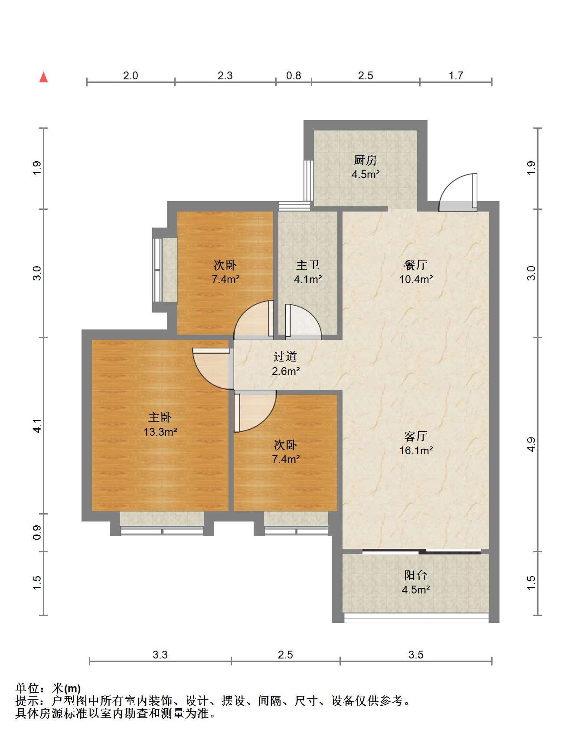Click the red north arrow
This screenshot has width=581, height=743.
coord(43,77)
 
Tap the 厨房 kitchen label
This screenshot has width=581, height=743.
coord(366,160)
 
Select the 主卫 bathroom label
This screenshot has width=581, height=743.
coord(308,265)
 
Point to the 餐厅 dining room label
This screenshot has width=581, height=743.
coord(416,265)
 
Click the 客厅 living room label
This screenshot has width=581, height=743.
coord(416,436)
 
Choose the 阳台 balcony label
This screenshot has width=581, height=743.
coord(416,575)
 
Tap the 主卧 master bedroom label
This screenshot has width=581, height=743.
coord(160,417)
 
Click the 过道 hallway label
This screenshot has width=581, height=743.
coord(285,357)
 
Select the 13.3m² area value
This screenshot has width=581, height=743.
coord(160,432)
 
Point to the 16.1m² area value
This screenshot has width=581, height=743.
coord(416,450)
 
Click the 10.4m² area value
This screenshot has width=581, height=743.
coord(416,279)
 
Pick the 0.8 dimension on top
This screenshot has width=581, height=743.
coord(294,75)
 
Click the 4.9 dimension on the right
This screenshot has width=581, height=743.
coord(532,444)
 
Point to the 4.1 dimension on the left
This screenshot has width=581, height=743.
coord(38,426)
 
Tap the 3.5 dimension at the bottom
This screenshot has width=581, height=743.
coord(416,655)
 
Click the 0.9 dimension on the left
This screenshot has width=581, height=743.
coord(38,532)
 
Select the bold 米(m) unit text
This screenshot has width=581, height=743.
coord(66,688)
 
